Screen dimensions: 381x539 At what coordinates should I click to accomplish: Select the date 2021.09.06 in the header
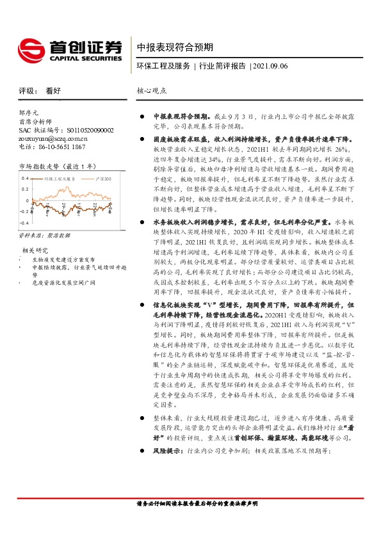click(x=270, y=66)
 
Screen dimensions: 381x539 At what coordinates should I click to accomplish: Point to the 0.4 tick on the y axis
click(x=25, y=178)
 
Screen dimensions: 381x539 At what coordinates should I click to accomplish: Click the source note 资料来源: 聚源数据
click(x=42, y=237)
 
